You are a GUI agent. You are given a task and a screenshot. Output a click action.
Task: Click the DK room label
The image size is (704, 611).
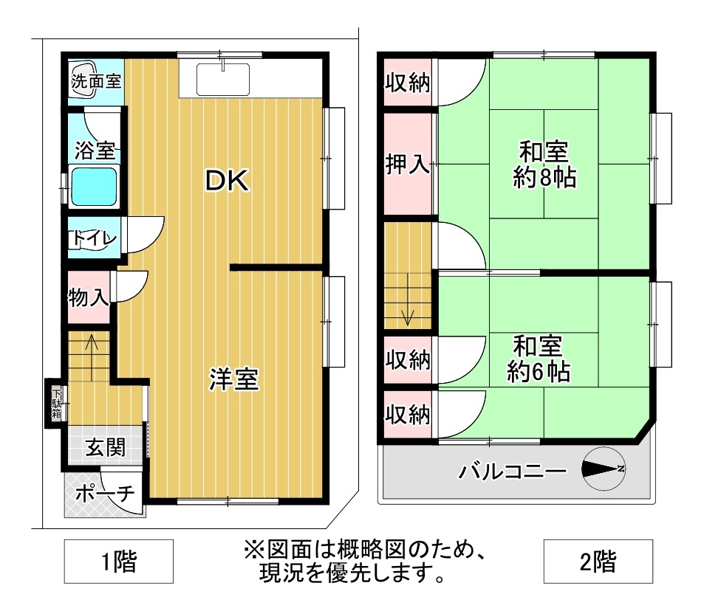coord(227,181)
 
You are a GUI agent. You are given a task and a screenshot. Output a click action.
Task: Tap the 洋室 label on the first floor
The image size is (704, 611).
coord(233,379)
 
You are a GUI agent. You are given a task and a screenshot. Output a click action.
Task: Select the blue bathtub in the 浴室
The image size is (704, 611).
coord(93,187)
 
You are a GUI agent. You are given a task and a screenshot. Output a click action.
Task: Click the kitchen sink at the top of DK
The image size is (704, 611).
coord(223,80)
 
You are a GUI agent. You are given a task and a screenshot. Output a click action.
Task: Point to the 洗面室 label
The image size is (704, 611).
coord(96,81)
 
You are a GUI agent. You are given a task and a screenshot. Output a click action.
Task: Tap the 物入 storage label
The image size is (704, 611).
coord(89,297)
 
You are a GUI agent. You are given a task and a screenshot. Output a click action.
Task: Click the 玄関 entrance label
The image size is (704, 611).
coord(105,446)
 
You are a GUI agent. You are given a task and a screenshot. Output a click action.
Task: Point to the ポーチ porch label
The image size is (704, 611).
coord(105,493)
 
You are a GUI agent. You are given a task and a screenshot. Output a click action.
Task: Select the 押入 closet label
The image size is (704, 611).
coord(407,165)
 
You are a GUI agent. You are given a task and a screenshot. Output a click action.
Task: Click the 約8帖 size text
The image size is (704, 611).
coord(544,178)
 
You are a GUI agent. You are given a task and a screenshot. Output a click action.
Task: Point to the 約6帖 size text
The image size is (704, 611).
coord(539,372)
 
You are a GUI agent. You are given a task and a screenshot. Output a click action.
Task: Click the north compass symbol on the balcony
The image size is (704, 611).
coord(604,469)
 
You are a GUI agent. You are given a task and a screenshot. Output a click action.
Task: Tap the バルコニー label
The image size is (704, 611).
coord(512,471)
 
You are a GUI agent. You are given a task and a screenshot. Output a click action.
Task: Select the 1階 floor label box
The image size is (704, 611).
coord(118,562)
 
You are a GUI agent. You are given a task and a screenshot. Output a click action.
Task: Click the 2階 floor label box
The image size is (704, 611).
coord(598,562)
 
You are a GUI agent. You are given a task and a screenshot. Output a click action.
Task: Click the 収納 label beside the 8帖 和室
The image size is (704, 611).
coord(408,83)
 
